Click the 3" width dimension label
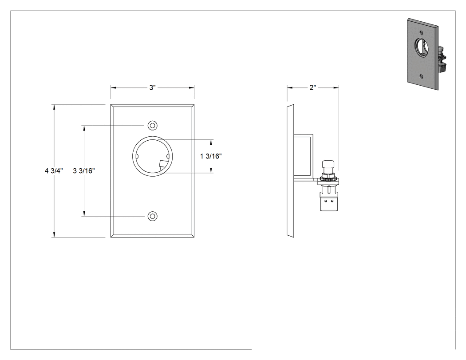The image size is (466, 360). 152,88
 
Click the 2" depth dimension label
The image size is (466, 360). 312,88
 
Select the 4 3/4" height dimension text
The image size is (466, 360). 54,171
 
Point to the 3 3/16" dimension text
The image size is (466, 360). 84,171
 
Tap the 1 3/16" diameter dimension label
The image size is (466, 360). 211,156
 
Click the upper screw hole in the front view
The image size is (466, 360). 153,126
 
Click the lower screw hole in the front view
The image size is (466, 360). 153,217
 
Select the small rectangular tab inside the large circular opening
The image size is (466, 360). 162,164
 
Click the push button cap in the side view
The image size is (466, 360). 328,164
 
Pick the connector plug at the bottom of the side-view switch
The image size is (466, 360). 328,201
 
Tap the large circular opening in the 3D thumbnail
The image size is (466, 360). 422,46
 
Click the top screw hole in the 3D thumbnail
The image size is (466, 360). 421,32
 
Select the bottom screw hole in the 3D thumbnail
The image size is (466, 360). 422,76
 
